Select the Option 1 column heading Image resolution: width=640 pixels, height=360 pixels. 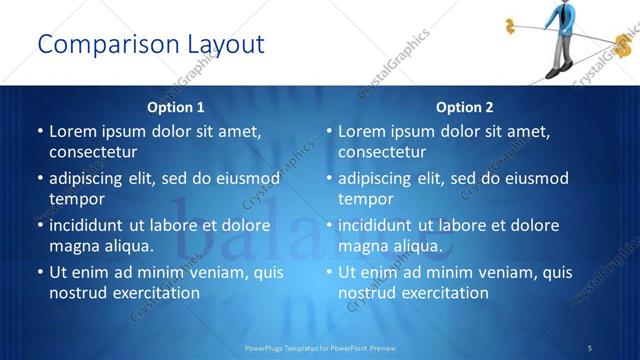pyautogui.click(x=176, y=107)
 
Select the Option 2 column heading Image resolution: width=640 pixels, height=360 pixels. pyautogui.click(x=465, y=107)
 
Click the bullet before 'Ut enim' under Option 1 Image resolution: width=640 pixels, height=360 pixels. pyautogui.click(x=40, y=272)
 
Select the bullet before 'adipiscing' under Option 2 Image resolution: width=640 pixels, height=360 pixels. pyautogui.click(x=329, y=178)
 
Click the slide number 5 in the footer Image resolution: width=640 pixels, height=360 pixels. pyautogui.click(x=590, y=347)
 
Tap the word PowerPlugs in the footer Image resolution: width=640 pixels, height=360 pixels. pyautogui.click(x=264, y=347)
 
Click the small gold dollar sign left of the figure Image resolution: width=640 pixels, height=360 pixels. pyautogui.click(x=511, y=25)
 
